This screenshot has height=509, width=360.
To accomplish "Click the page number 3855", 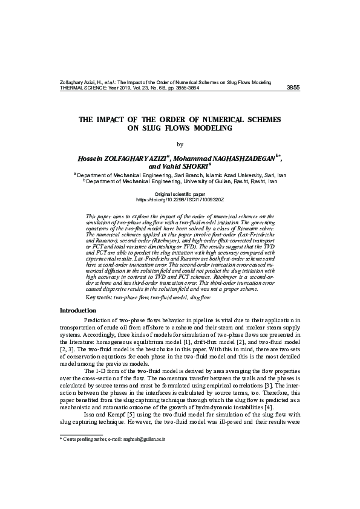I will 292,88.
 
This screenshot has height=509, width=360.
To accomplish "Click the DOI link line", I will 180,199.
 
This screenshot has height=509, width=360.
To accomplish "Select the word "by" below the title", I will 180,144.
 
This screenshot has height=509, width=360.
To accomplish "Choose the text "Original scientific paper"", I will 180,193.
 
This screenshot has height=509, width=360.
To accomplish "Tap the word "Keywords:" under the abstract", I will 99,298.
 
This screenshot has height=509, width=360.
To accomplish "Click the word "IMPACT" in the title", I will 115,120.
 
